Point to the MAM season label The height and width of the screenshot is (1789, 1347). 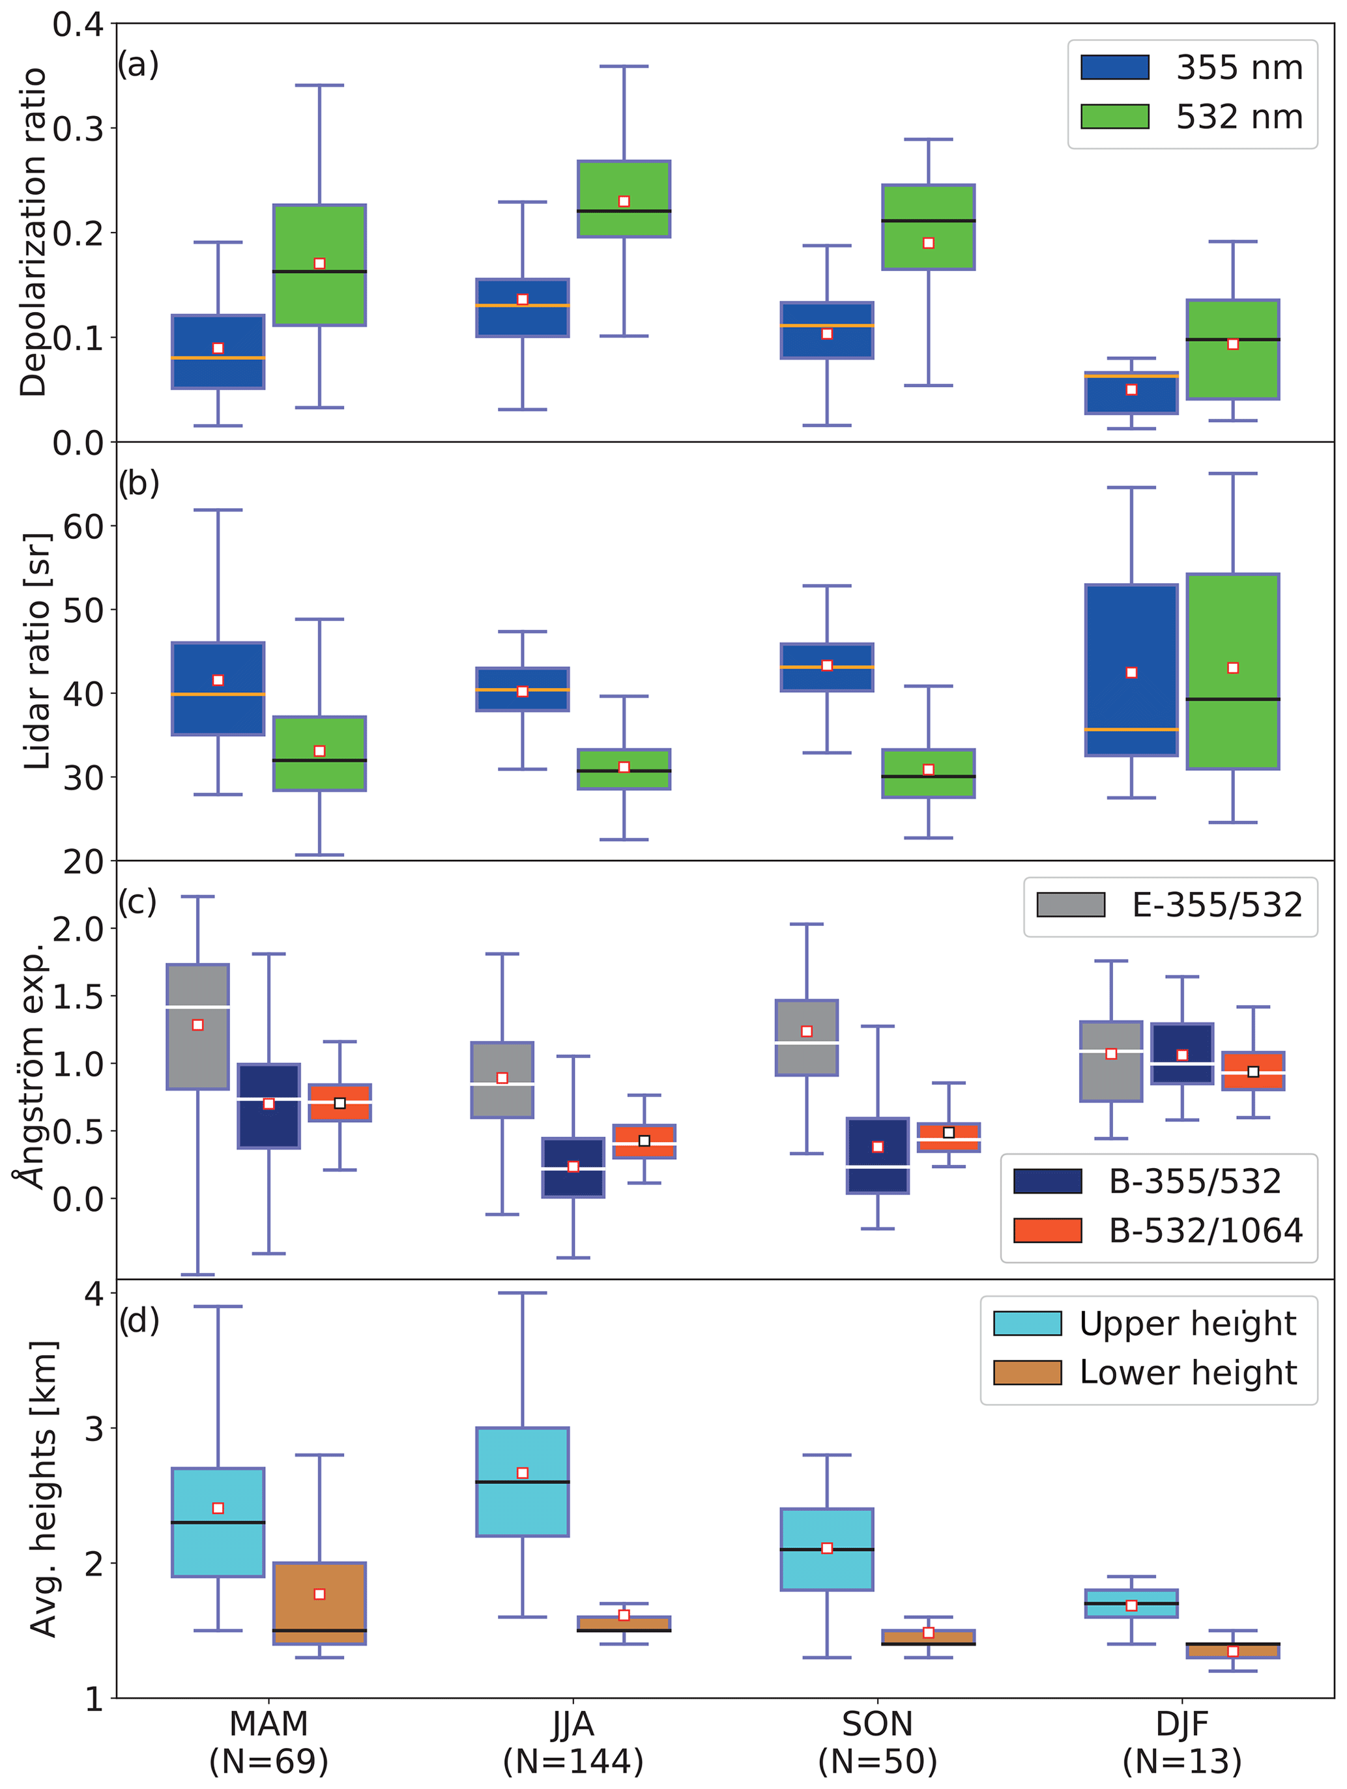tap(268, 1723)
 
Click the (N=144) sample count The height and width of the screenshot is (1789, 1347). tap(573, 1761)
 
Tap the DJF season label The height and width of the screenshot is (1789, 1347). tap(1181, 1723)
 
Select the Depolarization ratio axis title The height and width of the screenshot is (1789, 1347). tap(34, 232)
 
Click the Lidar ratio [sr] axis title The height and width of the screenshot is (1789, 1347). tap(37, 651)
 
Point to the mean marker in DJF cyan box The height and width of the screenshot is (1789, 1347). tap(1131, 1605)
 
